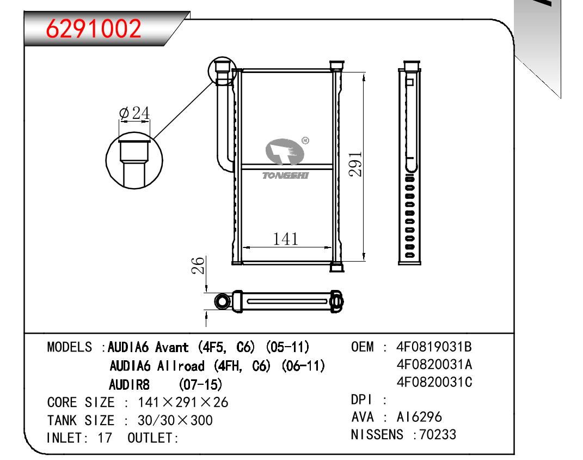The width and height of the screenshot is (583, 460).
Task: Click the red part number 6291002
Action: click(x=93, y=29)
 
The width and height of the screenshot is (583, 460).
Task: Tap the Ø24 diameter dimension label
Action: click(x=134, y=113)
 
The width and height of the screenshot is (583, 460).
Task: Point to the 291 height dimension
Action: click(x=355, y=164)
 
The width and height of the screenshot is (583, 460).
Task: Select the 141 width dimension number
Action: click(x=286, y=239)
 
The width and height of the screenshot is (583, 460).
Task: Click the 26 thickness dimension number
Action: click(x=198, y=265)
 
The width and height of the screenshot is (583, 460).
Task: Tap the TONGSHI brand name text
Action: click(x=286, y=175)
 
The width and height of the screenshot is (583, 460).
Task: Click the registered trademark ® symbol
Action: click(x=305, y=140)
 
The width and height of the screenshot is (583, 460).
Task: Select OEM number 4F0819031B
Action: click(x=434, y=347)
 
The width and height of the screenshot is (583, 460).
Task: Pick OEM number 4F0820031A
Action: click(x=434, y=365)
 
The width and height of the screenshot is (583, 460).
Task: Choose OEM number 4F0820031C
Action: click(x=434, y=382)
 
